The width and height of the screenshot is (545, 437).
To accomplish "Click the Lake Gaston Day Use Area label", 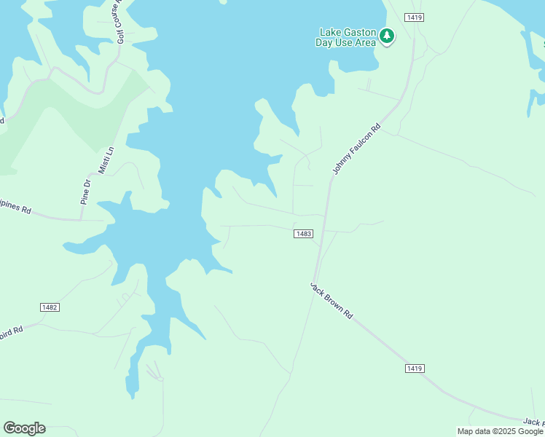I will pos(346,37).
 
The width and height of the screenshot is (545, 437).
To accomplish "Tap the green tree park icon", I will pos(387,36).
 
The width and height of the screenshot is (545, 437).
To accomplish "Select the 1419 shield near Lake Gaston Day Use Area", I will pos(415,17).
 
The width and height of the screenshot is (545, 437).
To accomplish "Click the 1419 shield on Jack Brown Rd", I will pos(414,369).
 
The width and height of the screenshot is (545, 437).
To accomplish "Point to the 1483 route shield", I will pos(304,234).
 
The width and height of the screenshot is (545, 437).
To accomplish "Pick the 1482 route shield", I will pos(50,307).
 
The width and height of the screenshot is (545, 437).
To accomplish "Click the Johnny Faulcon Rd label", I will pos(357,149).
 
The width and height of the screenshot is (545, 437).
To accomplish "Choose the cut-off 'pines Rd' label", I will pos(15,210).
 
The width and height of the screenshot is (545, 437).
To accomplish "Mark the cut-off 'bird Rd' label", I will pos(12,328).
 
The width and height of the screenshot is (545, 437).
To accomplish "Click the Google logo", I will pos(24,428).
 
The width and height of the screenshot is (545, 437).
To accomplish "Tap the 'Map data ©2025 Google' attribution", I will pos(500,431).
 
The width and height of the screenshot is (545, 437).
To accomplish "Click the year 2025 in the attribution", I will pos(504,431).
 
